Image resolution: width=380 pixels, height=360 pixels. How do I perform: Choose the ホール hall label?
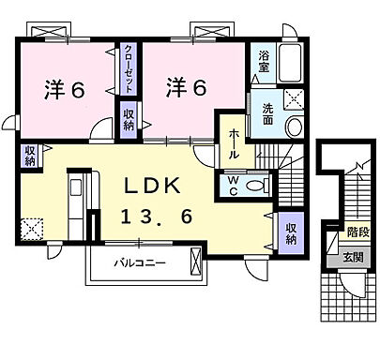(233, 145)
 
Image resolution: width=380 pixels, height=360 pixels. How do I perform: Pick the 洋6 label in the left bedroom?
(64, 91)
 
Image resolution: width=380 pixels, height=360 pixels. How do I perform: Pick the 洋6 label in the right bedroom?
(186, 86)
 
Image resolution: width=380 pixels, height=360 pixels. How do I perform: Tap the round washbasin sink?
(294, 127)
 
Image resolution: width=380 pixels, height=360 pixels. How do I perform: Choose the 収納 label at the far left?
(31, 155)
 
